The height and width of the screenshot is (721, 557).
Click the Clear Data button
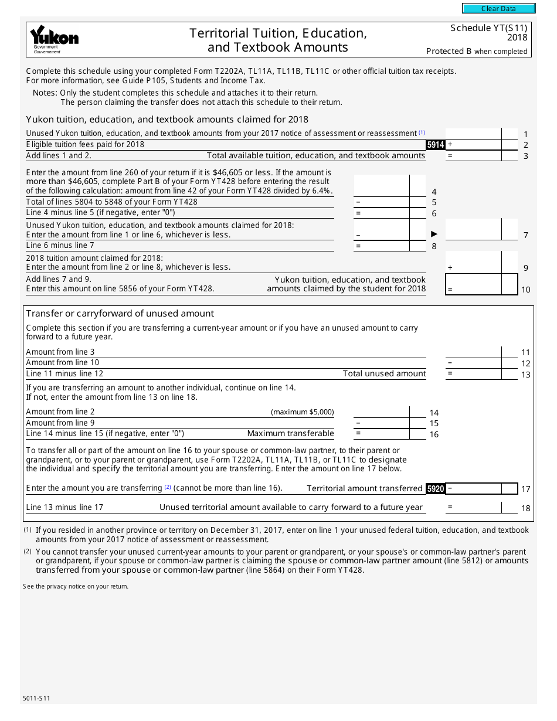498,9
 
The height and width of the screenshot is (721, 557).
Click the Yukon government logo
54,39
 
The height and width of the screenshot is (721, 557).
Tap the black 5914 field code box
435,145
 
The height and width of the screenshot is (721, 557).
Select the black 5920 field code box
435,488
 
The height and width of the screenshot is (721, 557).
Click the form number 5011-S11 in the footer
37,699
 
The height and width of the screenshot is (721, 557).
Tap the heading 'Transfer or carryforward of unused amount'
120,314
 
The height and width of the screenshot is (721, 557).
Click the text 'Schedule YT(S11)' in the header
488,28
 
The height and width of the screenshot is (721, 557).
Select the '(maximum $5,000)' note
302,412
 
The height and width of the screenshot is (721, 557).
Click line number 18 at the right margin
526,508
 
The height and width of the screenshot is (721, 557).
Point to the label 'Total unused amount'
384,373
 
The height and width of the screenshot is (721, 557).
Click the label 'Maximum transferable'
290,434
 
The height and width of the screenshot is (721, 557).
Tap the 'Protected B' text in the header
449,51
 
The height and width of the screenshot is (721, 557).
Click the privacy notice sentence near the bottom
75,586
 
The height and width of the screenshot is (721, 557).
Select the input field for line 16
382,434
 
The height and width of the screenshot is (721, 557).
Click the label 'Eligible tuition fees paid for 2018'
85,145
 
